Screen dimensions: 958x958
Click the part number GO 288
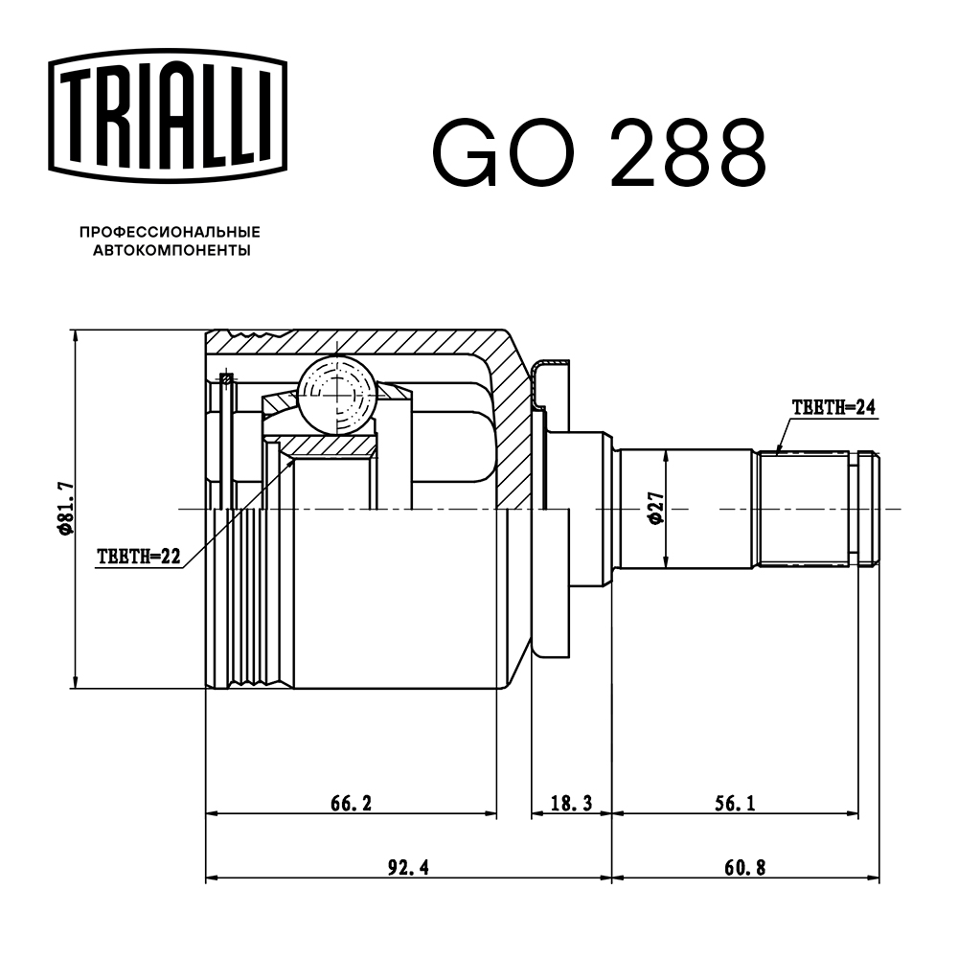click(x=600, y=153)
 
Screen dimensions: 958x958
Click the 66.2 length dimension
click(x=351, y=803)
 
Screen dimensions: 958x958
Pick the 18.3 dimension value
click(x=571, y=803)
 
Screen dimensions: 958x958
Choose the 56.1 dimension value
click(x=735, y=803)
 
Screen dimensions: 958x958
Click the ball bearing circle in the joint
click(x=337, y=393)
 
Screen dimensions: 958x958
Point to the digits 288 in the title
click(x=688, y=153)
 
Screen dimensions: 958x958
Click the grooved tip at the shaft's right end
click(x=867, y=508)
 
